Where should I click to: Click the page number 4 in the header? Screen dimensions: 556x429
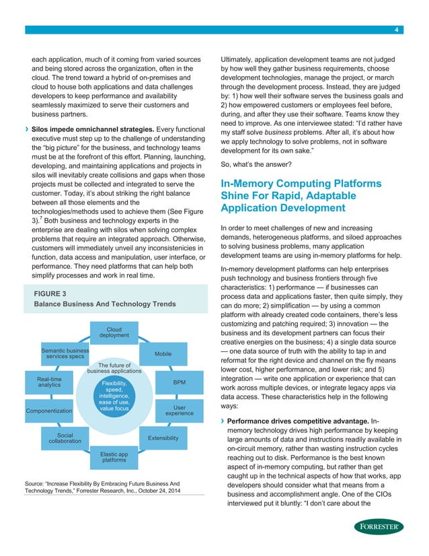397,30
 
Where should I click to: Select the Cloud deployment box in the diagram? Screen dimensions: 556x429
114,333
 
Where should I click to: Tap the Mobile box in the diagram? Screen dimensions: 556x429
162,353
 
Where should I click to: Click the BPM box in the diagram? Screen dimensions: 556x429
179,382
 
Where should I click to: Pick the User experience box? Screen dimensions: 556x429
179,410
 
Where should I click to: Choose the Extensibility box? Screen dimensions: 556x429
162,438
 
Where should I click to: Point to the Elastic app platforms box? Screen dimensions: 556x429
113,458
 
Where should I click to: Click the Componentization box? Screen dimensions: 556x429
48,410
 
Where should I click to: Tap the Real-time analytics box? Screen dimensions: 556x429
48,382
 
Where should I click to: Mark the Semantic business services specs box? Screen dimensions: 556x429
65,353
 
